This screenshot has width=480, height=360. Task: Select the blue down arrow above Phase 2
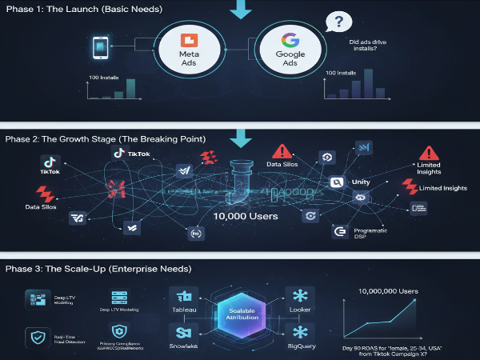239,140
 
